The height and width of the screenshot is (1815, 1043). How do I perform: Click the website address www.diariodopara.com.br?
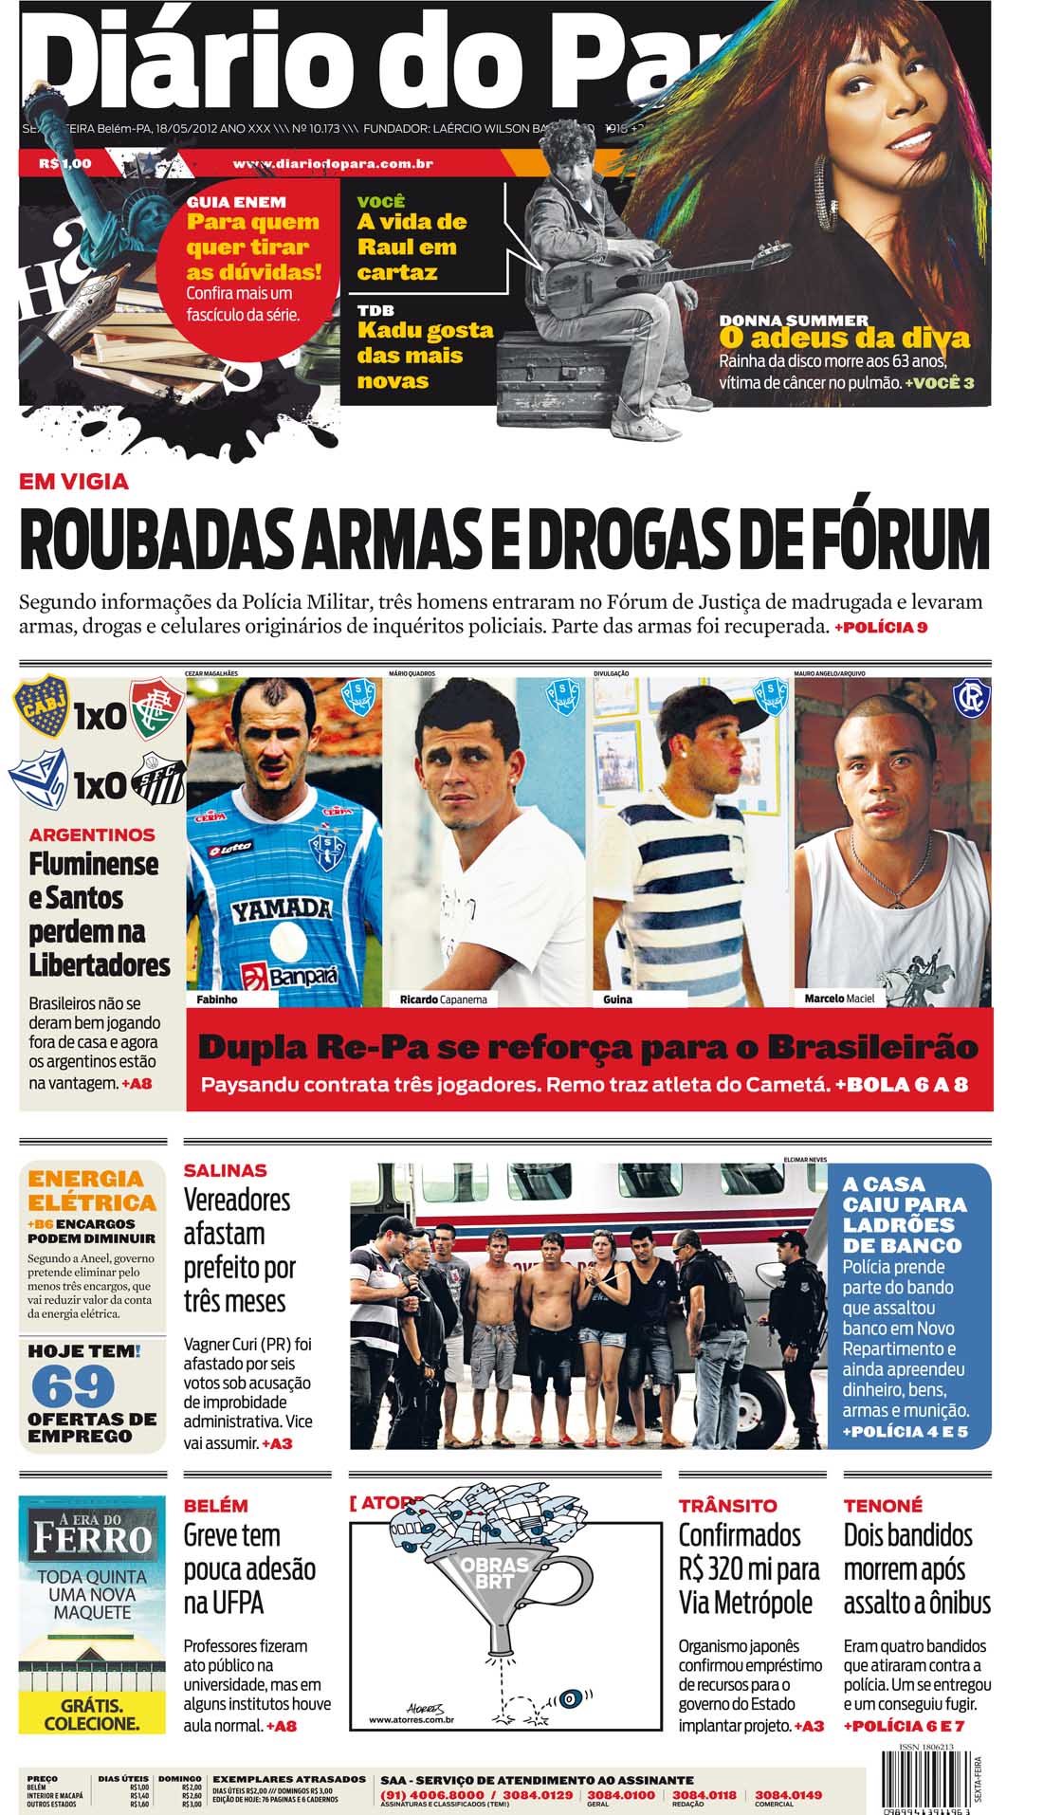point(333,164)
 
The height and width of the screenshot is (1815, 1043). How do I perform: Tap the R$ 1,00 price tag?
point(65,164)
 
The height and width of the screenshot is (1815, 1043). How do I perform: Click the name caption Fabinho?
point(217,999)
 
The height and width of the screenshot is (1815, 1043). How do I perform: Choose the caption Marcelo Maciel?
point(839,999)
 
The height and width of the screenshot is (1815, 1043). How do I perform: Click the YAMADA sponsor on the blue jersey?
point(282,911)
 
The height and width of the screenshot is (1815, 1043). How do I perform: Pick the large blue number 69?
point(73,1388)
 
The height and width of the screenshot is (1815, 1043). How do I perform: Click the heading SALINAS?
point(226,1170)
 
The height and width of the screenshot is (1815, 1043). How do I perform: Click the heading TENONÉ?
point(882,1505)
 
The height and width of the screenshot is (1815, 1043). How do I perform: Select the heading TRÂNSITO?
point(727,1505)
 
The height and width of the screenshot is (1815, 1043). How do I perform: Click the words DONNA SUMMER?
point(794,321)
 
